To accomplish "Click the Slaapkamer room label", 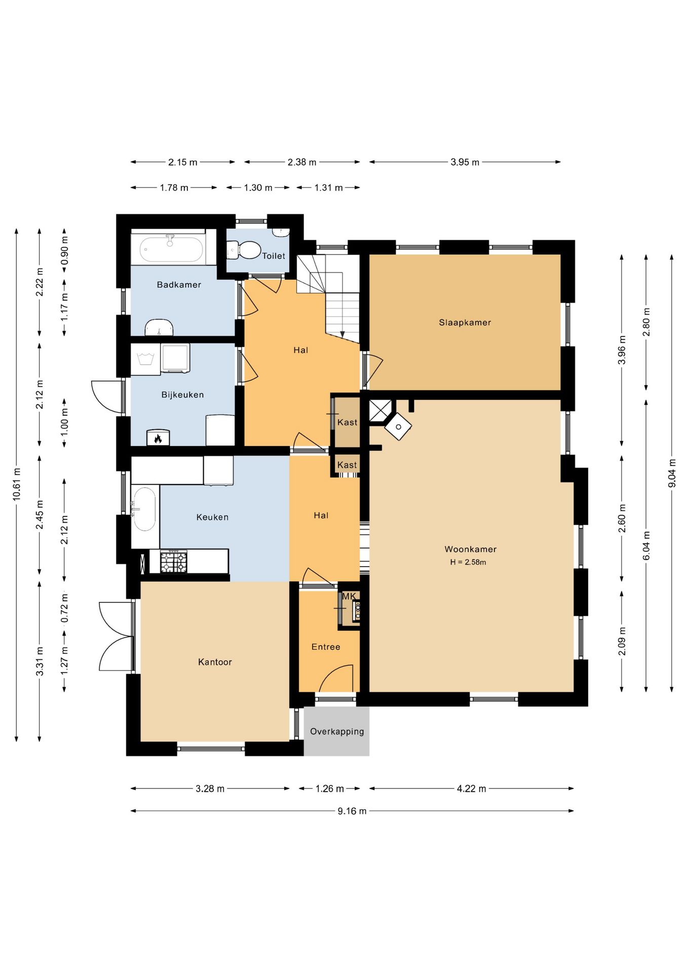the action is tap(465, 322).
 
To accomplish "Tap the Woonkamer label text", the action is tap(470, 549).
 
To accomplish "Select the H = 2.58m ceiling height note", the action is tap(468, 562).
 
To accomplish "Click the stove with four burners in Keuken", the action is tap(174, 562).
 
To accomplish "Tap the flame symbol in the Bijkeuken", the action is tap(158, 438).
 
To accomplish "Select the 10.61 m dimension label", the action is tap(17, 484).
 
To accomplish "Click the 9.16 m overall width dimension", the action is tap(352, 811).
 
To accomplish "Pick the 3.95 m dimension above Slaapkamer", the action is tap(465, 162).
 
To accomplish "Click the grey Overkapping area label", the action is tap(337, 731).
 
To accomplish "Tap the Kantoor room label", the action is tap(215, 662).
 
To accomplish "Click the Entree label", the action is tap(326, 647).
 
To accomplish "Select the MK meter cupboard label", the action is tap(349, 596).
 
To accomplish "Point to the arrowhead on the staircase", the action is tap(342, 334).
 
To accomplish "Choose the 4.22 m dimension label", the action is tap(471, 789).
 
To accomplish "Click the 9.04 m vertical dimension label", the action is tap(672, 473).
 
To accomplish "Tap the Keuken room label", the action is tap(212, 517).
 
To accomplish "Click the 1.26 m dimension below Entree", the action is tap(329, 789).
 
